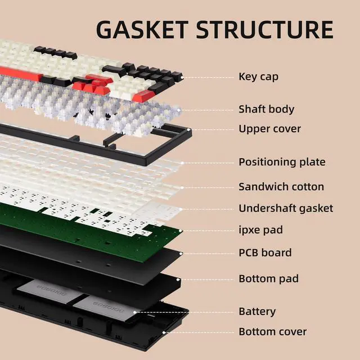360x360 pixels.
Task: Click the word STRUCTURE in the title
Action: click(269, 29)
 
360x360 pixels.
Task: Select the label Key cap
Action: click(258, 76)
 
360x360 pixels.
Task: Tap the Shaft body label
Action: click(266, 109)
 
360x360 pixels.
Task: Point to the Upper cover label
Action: click(269, 129)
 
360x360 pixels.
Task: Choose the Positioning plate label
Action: click(282, 162)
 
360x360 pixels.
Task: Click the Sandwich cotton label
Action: click(281, 186)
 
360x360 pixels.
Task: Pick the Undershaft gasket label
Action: click(286, 208)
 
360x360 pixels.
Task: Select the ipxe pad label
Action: click(260, 230)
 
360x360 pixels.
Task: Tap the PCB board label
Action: click(265, 253)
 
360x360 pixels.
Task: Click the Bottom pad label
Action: click(268, 278)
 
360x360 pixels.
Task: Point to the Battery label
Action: click(257, 311)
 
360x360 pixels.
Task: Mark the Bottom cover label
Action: click(273, 331)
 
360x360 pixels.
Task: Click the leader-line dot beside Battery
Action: click(135, 311)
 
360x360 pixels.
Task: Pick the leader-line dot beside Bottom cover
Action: click(164, 332)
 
